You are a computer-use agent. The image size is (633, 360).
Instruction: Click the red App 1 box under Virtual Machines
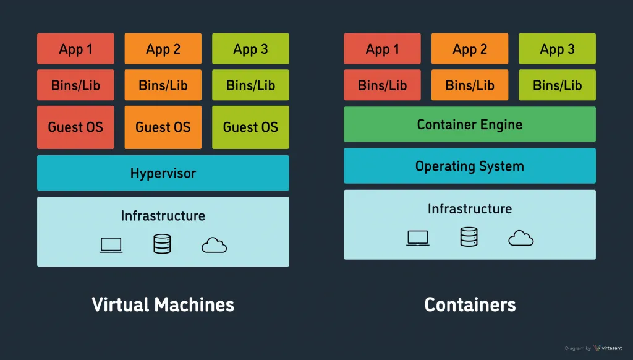pyautogui.click(x=75, y=49)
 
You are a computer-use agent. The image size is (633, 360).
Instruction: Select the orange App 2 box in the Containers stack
pyautogui.click(x=470, y=49)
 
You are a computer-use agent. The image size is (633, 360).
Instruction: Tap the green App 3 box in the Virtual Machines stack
pyautogui.click(x=250, y=49)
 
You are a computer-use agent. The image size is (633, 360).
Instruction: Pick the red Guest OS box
pyautogui.click(x=75, y=127)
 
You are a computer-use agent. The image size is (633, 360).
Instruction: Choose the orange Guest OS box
pyautogui.click(x=163, y=127)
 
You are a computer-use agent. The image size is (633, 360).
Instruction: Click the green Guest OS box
pyautogui.click(x=250, y=127)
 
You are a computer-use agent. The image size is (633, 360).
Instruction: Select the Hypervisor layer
pyautogui.click(x=163, y=173)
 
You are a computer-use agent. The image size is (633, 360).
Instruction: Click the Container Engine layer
pyautogui.click(x=470, y=124)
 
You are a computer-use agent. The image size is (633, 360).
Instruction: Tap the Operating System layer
pyautogui.click(x=470, y=166)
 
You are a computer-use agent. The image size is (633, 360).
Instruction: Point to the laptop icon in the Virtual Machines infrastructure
pyautogui.click(x=111, y=245)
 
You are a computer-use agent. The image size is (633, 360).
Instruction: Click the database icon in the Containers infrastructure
pyautogui.click(x=469, y=237)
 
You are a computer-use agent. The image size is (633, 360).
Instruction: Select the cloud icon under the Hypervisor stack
pyautogui.click(x=214, y=246)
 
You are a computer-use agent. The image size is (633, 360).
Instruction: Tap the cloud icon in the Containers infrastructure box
pyautogui.click(x=520, y=238)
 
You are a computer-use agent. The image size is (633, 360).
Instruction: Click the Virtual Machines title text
pyautogui.click(x=163, y=304)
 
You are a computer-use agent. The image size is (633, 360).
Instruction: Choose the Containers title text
pyautogui.click(x=470, y=304)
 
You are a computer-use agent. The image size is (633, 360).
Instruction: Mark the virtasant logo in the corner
pyautogui.click(x=608, y=348)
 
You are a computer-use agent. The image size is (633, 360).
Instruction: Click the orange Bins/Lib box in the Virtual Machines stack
pyautogui.click(x=163, y=85)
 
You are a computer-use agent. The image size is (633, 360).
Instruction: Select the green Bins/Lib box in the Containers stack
pyautogui.click(x=557, y=85)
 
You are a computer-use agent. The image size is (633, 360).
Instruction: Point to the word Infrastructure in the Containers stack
pyautogui.click(x=470, y=208)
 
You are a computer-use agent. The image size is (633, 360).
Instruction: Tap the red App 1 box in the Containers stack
pyautogui.click(x=382, y=49)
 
